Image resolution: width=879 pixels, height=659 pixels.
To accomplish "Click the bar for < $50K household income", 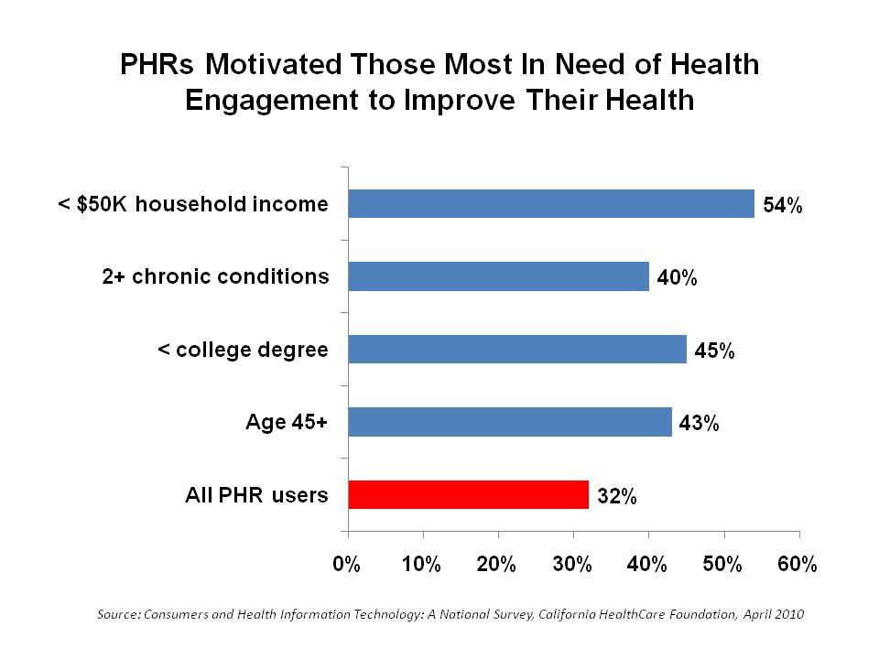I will pos(550,203).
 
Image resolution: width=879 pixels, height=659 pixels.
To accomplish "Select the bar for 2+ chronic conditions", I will pos(498,276).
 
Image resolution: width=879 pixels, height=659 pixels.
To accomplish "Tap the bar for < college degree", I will pos(517,349).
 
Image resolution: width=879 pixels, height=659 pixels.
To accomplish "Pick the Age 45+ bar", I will pos(509,422).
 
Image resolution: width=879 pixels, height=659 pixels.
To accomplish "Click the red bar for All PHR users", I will pos(468,495).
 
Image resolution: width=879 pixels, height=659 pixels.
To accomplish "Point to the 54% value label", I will pos(783,206).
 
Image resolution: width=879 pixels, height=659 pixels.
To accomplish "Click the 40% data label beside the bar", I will pos(678,279).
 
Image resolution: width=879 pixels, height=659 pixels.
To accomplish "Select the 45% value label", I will pos(715,351).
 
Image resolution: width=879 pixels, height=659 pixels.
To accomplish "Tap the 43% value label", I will pos(700,425).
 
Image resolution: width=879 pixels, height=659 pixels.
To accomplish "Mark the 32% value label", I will pos(616,498).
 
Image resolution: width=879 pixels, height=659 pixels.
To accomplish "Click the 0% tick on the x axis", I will pos(347,564).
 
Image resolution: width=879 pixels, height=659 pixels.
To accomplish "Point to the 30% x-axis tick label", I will pos(572,564).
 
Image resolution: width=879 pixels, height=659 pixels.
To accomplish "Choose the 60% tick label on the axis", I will pos(798,564).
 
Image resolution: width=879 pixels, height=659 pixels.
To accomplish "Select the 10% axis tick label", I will pos(421,564).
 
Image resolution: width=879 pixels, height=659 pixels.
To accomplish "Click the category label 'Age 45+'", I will pos(287,422).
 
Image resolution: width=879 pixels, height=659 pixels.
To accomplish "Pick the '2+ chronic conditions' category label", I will pos(214,276).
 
